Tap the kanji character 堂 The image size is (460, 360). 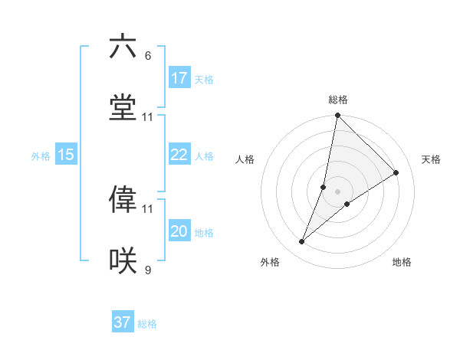[123, 107]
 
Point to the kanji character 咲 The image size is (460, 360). [123, 260]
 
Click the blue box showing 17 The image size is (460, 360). [179, 78]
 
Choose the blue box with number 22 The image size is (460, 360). [179, 155]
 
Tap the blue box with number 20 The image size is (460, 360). [179, 232]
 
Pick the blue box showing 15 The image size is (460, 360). [66, 155]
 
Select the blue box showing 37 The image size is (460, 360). [123, 322]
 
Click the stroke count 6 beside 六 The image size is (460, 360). [148, 56]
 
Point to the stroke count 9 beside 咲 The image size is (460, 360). [148, 270]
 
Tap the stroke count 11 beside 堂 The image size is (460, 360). [148, 117]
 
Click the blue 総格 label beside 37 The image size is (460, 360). [147, 324]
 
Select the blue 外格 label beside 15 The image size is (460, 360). [41, 156]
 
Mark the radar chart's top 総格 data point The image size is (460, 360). [337, 116]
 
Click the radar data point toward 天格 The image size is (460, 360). [396, 173]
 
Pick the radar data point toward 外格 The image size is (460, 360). [302, 242]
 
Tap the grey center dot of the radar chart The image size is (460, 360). [337, 191]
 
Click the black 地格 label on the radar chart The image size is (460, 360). [402, 263]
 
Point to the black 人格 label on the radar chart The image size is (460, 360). [245, 159]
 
